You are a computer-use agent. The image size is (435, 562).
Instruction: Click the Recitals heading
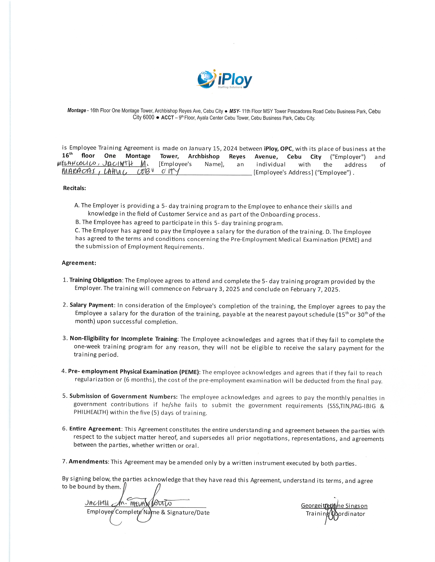tap(75, 188)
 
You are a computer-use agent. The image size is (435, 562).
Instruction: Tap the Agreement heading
tap(79, 263)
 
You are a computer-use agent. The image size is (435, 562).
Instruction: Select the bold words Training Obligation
tap(95, 280)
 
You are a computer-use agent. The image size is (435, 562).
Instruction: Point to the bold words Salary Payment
tap(91, 305)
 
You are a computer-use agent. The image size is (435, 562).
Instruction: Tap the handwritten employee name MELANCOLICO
tap(77, 164)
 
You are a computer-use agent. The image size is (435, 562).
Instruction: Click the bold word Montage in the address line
tap(77, 110)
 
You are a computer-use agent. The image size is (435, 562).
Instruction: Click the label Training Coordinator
tap(335, 514)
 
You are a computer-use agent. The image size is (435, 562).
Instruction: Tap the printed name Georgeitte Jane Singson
tap(334, 506)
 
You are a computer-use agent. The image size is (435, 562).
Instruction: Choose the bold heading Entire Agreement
tap(95, 429)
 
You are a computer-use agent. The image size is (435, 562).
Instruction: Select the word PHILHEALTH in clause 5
tap(90, 412)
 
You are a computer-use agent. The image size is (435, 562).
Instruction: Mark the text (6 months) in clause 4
tap(140, 380)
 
